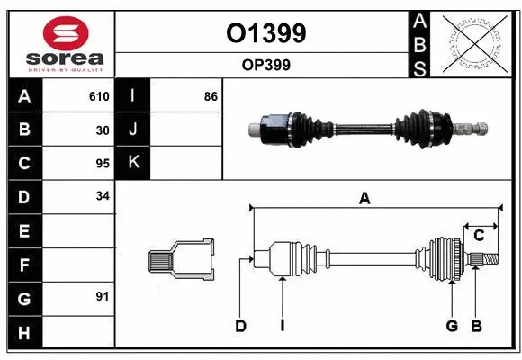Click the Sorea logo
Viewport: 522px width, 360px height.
(x=61, y=44)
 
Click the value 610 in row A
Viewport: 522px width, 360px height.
(x=99, y=96)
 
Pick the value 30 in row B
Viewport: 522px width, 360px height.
(x=102, y=130)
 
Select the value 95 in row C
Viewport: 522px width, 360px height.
(x=102, y=163)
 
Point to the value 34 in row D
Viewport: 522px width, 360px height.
(x=102, y=196)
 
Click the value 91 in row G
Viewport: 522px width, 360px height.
(x=102, y=296)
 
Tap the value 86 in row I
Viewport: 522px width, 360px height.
(x=211, y=96)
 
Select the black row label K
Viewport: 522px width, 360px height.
(x=133, y=163)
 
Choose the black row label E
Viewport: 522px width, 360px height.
(x=24, y=230)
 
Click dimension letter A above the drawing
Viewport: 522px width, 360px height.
(x=364, y=199)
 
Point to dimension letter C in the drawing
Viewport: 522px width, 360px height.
(x=479, y=236)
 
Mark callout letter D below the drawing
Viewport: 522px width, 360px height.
(x=240, y=326)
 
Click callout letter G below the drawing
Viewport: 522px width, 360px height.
(x=452, y=326)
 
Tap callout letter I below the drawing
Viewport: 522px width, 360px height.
(x=282, y=326)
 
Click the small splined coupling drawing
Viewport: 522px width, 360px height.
(x=181, y=260)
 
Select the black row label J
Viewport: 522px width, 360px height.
(x=133, y=130)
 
